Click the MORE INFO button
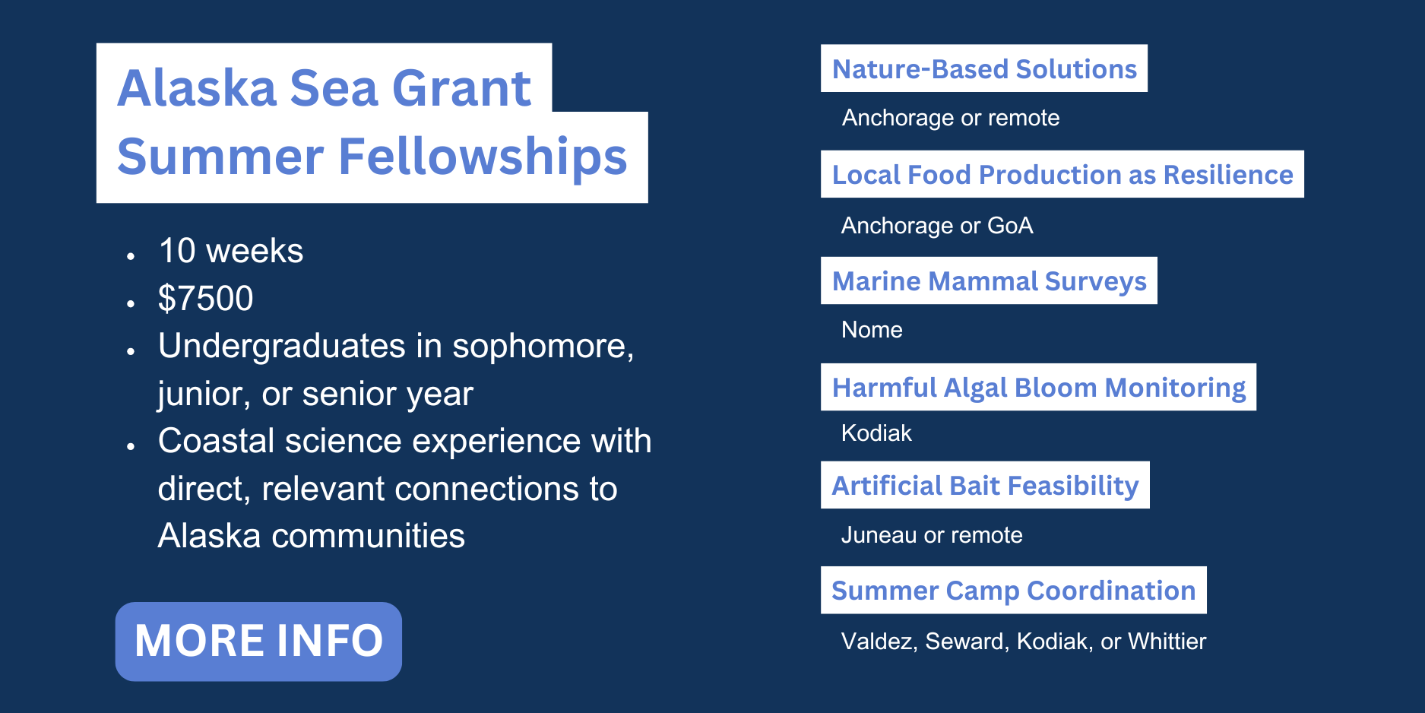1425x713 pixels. pyautogui.click(x=258, y=642)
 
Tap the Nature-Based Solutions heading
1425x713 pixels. pyautogui.click(x=984, y=68)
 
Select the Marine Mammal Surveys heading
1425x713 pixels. pyautogui.click(x=989, y=280)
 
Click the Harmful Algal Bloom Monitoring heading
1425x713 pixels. pyautogui.click(x=1038, y=387)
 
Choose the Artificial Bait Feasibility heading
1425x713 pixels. pyautogui.click(x=985, y=485)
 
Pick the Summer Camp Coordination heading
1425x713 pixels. pyautogui.click(x=1014, y=590)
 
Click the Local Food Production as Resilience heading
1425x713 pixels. pyautogui.click(x=1062, y=174)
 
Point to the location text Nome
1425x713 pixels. pyautogui.click(x=872, y=330)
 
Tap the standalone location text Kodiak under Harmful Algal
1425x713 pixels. pyautogui.click(x=876, y=433)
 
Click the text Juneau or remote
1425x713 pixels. pyautogui.click(x=932, y=535)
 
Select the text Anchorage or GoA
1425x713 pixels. pyautogui.click(x=937, y=226)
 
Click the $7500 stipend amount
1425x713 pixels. pyautogui.click(x=205, y=298)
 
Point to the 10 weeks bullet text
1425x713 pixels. pyautogui.click(x=231, y=251)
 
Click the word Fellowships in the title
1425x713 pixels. pyautogui.click(x=483, y=157)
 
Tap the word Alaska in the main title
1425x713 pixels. pyautogui.click(x=197, y=88)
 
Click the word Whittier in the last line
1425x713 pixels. pyautogui.click(x=1167, y=641)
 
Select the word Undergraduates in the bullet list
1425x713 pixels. pyautogui.click(x=282, y=347)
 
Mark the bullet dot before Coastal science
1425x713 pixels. pyautogui.click(x=131, y=446)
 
